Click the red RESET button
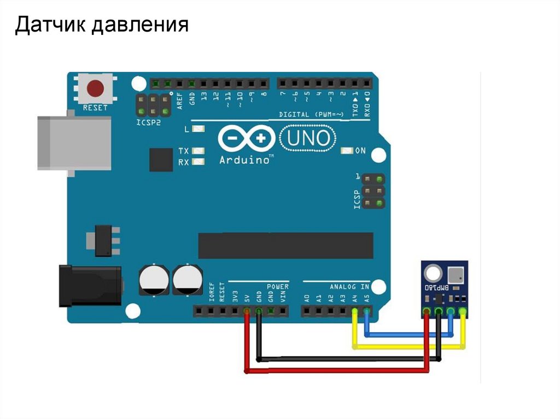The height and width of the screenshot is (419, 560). (96, 88)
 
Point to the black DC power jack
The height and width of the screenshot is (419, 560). (90, 285)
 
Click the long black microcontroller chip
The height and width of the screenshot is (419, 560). (285, 245)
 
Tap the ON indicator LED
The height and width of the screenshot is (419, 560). (346, 150)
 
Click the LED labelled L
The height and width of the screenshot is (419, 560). (198, 129)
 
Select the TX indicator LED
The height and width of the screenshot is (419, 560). (198, 151)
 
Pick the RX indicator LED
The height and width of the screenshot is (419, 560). (198, 162)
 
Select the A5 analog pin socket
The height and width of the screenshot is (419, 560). (367, 311)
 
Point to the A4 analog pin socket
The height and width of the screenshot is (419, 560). (355, 311)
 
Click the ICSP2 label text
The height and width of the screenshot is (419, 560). (148, 123)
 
